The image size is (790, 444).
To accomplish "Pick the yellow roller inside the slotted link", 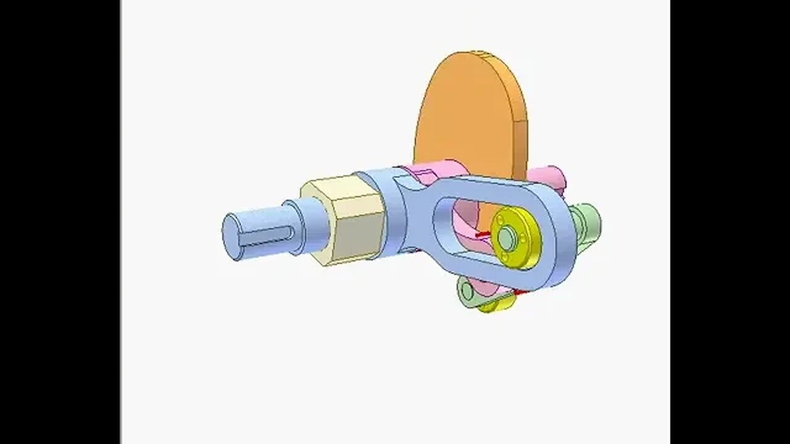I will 517,237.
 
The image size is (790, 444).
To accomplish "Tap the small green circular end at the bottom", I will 466,288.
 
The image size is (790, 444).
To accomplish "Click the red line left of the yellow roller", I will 484,234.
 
